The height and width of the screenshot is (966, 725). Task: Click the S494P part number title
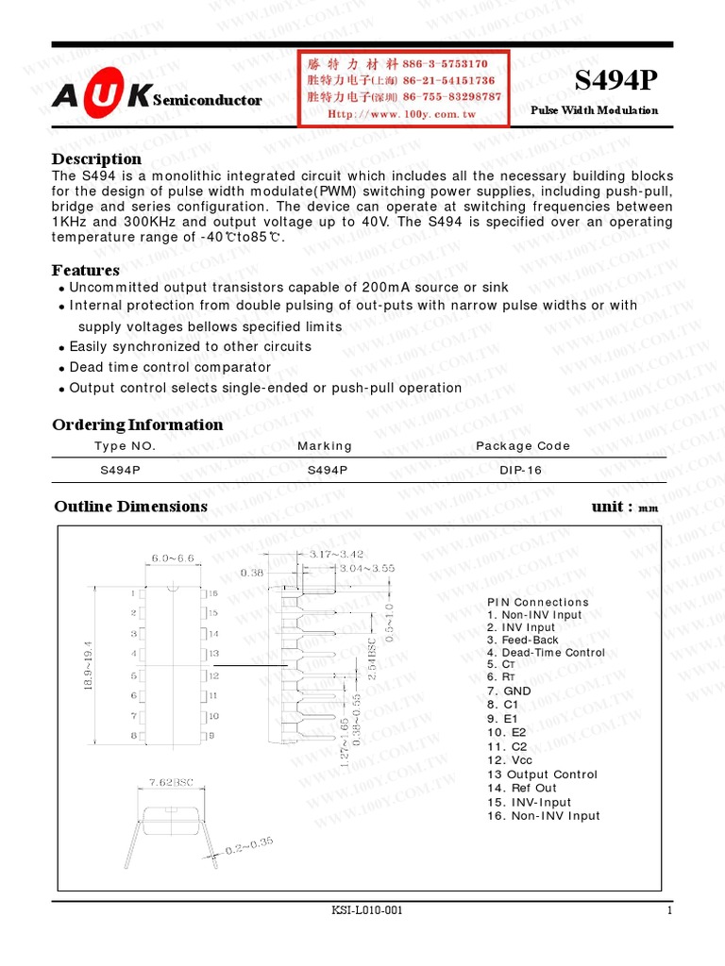615,83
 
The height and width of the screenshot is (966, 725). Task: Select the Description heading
96,158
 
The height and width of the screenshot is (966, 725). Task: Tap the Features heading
85,271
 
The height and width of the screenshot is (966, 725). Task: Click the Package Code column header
522,446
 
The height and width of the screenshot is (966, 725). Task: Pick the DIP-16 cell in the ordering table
522,470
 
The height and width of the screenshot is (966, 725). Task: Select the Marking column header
324,446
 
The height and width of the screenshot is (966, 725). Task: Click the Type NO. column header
125,446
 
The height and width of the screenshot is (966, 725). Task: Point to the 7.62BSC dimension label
172,781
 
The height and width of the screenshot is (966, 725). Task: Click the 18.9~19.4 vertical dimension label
89,665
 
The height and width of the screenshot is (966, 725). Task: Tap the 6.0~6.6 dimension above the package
172,558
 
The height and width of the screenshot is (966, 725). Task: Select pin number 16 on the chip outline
212,594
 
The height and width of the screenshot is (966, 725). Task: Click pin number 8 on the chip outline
134,735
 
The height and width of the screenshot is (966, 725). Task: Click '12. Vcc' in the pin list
511,759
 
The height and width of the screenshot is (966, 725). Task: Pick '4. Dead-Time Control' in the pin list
546,653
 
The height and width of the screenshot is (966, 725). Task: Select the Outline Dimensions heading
130,507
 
